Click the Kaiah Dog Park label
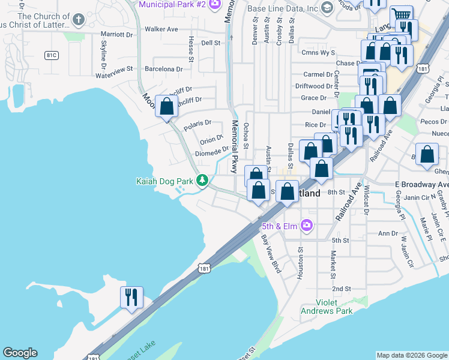164,181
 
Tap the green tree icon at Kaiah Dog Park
203,180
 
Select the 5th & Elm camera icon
307,226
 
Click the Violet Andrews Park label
334,307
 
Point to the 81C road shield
51,55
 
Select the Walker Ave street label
161,29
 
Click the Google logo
20,353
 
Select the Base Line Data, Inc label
283,8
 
